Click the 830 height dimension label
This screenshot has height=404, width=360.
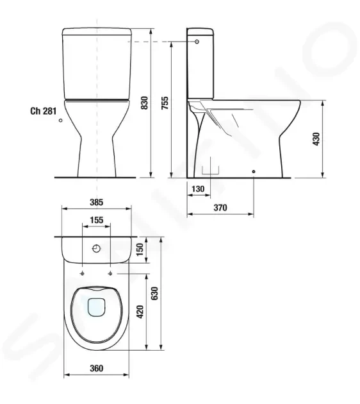pos(145,103)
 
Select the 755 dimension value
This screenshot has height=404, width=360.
pos(165,103)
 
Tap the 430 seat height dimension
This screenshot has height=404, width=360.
pos(316,139)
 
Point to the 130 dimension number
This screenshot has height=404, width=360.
pos(198,189)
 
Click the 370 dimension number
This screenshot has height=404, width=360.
pos(220,207)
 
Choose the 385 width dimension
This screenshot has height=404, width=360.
pos(97,202)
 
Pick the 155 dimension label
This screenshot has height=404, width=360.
pos(97,220)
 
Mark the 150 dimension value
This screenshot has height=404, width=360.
pos(140,249)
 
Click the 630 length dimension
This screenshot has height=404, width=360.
pos(154,294)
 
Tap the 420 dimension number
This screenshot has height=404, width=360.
pos(140,312)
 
